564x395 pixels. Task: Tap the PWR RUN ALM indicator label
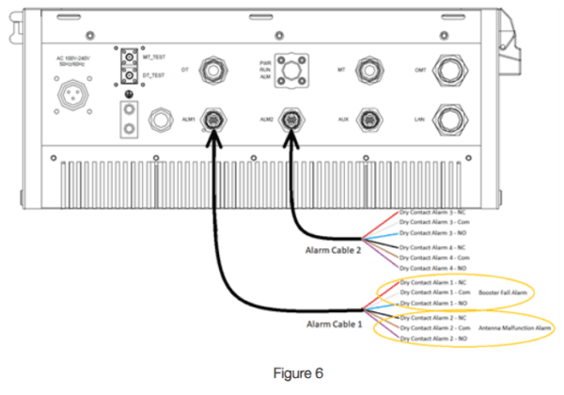266,71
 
